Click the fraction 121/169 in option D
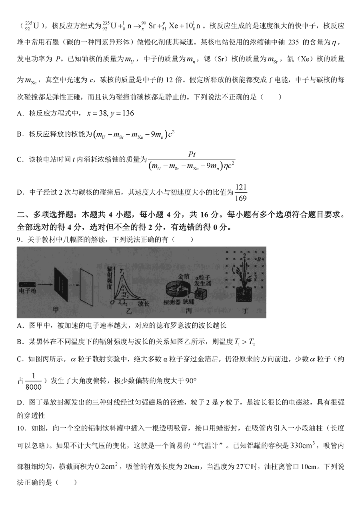tap(241, 192)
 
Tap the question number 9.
tap(19, 239)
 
